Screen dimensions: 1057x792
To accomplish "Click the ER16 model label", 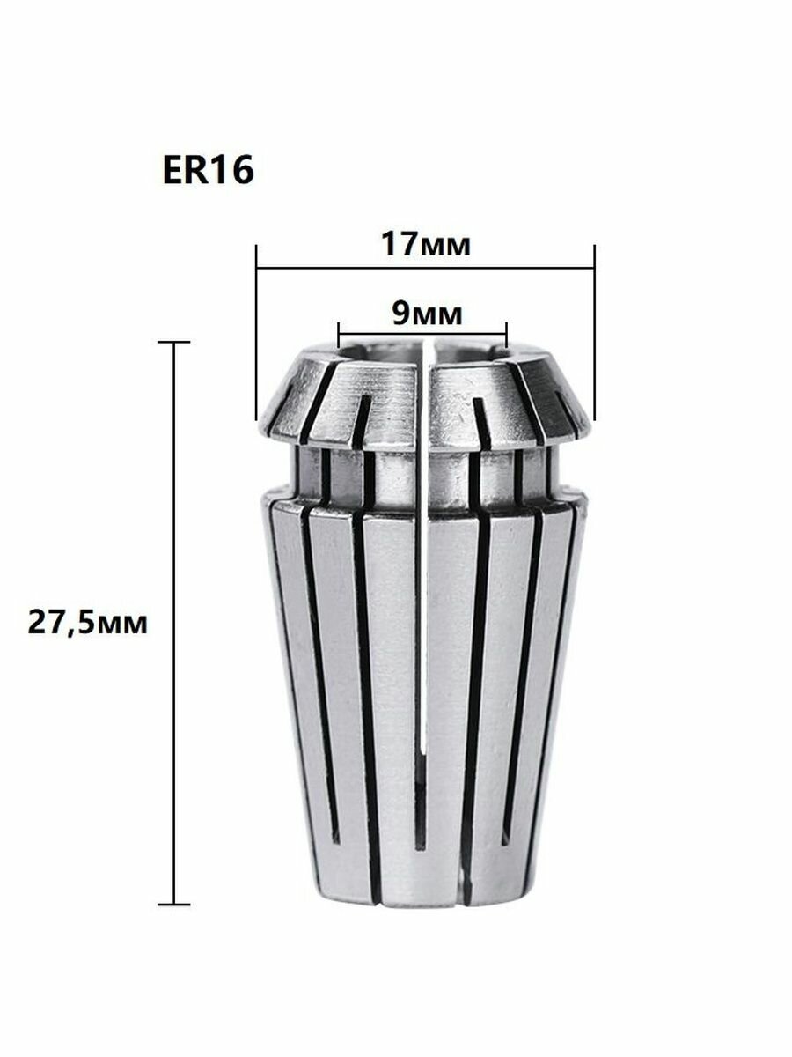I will [x=208, y=171].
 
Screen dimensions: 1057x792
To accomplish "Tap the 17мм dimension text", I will [x=426, y=244].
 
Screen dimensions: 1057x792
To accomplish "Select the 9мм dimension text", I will [x=423, y=311].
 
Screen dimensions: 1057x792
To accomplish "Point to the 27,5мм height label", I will [x=87, y=624].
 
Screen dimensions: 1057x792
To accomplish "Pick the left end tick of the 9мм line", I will [x=339, y=335].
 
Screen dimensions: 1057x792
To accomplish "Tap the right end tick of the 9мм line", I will [x=507, y=335].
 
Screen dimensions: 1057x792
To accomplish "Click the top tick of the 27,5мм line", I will [x=175, y=342].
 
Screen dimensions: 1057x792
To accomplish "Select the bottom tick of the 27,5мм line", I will [x=175, y=904].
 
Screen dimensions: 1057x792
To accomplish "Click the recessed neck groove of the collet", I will [x=422, y=476].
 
